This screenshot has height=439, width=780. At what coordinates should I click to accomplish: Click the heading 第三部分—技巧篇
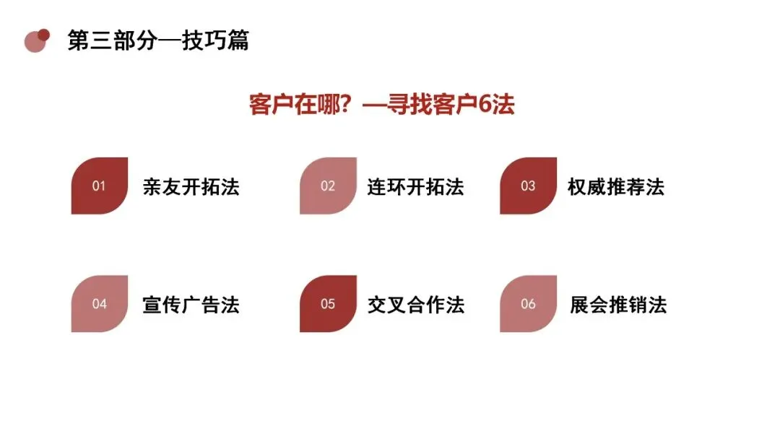(x=158, y=40)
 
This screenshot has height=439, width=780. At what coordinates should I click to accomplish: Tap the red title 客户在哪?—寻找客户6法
(x=381, y=105)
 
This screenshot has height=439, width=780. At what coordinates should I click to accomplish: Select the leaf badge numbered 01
(x=100, y=186)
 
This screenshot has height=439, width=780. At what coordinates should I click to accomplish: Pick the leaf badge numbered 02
(x=328, y=186)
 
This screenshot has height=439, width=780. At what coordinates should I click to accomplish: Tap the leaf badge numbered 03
(x=528, y=186)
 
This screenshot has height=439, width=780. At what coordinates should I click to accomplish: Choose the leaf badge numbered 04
(x=100, y=303)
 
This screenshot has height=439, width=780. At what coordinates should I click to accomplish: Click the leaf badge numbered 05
(x=328, y=303)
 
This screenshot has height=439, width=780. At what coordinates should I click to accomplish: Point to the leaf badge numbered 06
(x=528, y=303)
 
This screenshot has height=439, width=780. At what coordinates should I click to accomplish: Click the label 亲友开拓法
(x=191, y=187)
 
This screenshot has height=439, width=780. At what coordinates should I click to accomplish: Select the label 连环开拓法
(x=415, y=187)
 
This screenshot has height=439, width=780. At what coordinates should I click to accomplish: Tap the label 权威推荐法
(x=616, y=187)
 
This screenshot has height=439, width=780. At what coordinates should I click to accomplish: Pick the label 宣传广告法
(x=191, y=305)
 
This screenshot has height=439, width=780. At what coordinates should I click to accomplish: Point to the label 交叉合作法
(x=415, y=305)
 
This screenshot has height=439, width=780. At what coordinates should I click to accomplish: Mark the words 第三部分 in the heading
(x=113, y=40)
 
